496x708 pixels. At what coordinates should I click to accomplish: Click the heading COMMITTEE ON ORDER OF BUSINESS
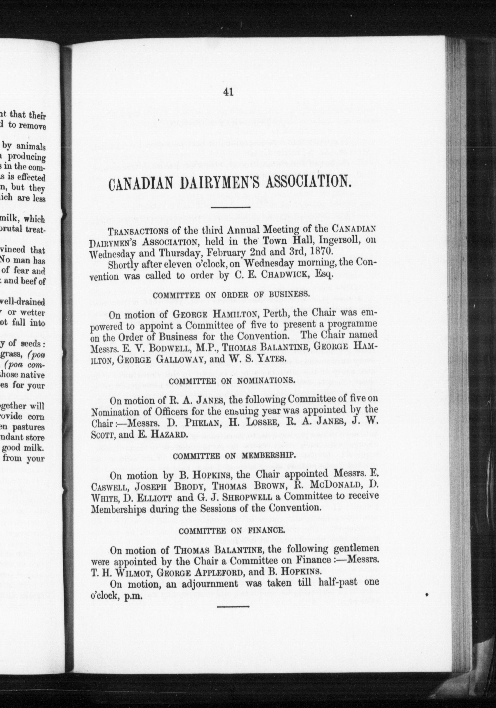tap(231, 294)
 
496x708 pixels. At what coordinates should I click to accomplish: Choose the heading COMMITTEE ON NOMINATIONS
tap(231, 381)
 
